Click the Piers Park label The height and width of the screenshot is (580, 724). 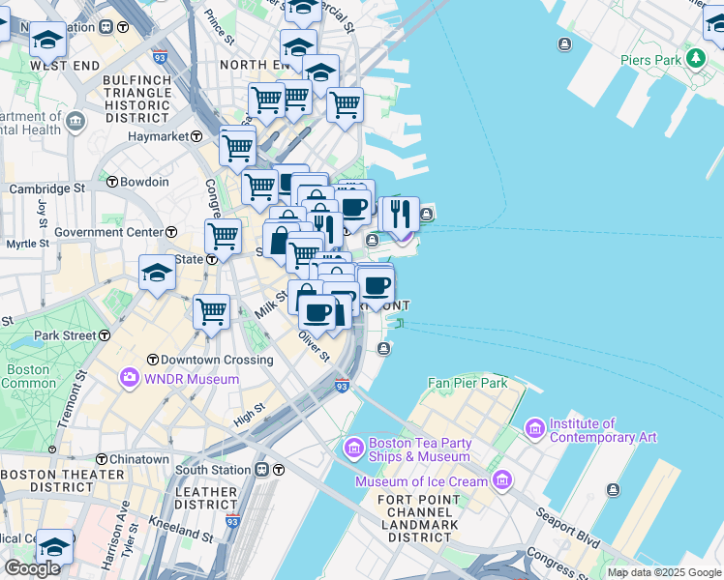650,60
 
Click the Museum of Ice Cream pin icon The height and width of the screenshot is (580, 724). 501,480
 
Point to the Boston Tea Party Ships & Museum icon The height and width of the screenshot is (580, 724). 354,449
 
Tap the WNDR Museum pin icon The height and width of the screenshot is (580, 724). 129,378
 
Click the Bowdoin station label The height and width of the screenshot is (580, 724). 144,182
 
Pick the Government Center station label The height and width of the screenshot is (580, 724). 109,232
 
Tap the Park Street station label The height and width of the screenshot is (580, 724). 65,336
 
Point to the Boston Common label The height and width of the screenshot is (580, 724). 29,376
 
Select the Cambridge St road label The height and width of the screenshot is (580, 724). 46,188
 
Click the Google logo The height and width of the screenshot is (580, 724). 32,567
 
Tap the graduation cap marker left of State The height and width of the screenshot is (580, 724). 157,273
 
